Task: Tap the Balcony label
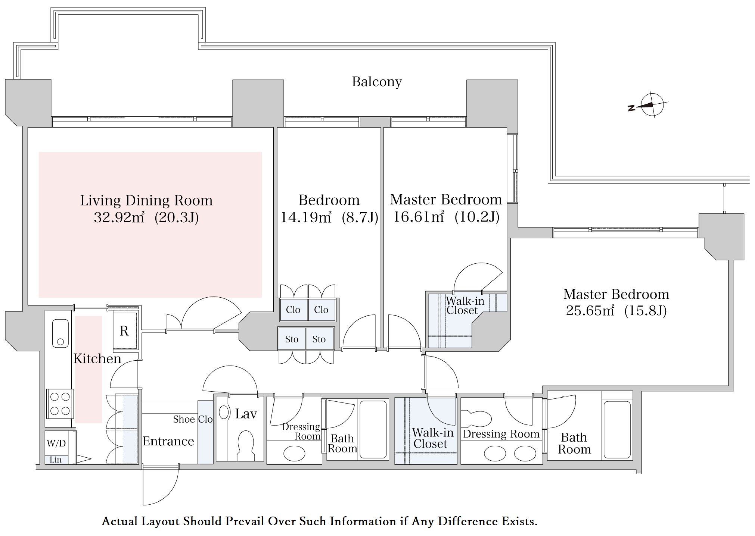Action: [x=377, y=82]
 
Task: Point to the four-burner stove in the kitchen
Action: [x=60, y=404]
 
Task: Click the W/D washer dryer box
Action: [x=56, y=443]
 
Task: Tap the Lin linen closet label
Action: [x=56, y=460]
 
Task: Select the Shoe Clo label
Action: [x=193, y=419]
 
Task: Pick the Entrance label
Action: [x=168, y=441]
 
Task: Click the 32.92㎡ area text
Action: [x=119, y=217]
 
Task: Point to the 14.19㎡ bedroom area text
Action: [x=306, y=217]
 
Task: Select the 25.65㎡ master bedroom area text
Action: [x=590, y=311]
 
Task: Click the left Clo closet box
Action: [x=293, y=310]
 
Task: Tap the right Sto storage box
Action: [x=319, y=339]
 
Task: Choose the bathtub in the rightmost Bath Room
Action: [x=617, y=429]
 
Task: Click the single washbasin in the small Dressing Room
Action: [x=294, y=454]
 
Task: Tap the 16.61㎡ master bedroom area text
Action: [x=419, y=217]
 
